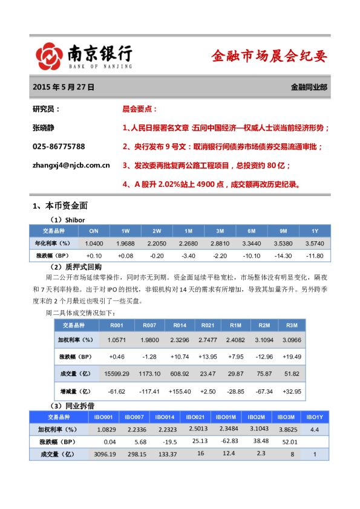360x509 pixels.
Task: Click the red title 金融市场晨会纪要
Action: (x=269, y=57)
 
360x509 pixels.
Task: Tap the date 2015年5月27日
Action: (x=64, y=87)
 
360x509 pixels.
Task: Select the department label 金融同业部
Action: (x=309, y=87)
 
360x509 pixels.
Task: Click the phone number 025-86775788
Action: (x=59, y=146)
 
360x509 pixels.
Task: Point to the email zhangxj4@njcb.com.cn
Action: (x=71, y=164)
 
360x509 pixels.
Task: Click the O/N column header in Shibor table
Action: (x=94, y=231)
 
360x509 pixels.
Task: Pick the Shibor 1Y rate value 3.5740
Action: (x=315, y=243)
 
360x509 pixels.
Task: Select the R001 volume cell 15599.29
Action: (x=117, y=374)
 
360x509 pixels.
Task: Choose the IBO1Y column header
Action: (x=315, y=417)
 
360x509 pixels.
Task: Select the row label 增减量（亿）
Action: (x=77, y=392)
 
